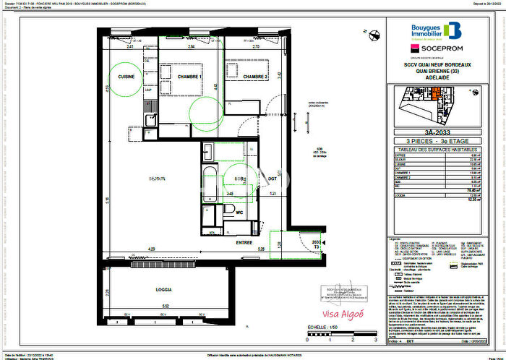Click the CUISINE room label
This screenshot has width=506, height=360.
tap(127, 76)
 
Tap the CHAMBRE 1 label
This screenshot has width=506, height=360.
tap(191, 77)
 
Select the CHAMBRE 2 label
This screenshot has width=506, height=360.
tap(255, 77)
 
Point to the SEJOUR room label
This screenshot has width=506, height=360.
tap(158, 179)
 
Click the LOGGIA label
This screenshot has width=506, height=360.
tap(164, 289)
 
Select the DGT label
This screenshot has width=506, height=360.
tap(273, 179)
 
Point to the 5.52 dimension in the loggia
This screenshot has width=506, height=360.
tap(164, 307)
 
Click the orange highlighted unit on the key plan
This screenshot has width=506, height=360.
tap(436, 93)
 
